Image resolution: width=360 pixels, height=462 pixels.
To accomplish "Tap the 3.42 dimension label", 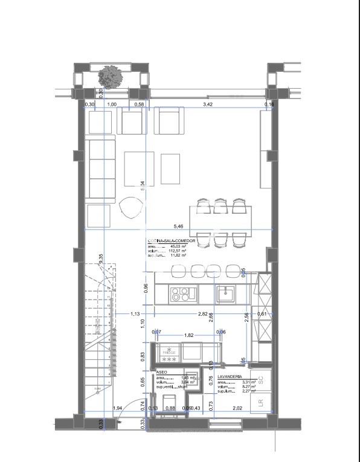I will pyautogui.click(x=207, y=104).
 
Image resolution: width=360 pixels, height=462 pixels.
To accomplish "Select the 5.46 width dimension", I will pyautogui.click(x=178, y=226).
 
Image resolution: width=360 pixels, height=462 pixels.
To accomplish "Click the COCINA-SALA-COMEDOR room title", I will pyautogui.click(x=171, y=241).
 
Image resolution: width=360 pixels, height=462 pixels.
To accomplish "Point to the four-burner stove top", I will pyautogui.click(x=181, y=294).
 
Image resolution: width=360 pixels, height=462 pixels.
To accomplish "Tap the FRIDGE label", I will pyautogui.click(x=169, y=353).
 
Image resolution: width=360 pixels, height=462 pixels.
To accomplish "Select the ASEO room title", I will pyautogui.click(x=162, y=373).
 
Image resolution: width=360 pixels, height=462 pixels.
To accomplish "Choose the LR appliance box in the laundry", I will pyautogui.click(x=261, y=403).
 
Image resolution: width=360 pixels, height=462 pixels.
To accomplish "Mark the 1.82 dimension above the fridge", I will pyautogui.click(x=188, y=335).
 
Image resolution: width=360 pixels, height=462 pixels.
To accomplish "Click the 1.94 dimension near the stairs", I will pyautogui.click(x=118, y=409).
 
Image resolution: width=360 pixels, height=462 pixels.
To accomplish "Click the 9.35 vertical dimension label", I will pyautogui.click(x=101, y=257).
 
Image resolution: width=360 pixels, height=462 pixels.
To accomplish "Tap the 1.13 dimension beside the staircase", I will pyautogui.click(x=135, y=314).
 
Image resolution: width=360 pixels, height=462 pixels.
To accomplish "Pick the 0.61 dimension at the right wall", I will pyautogui.click(x=262, y=314).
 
